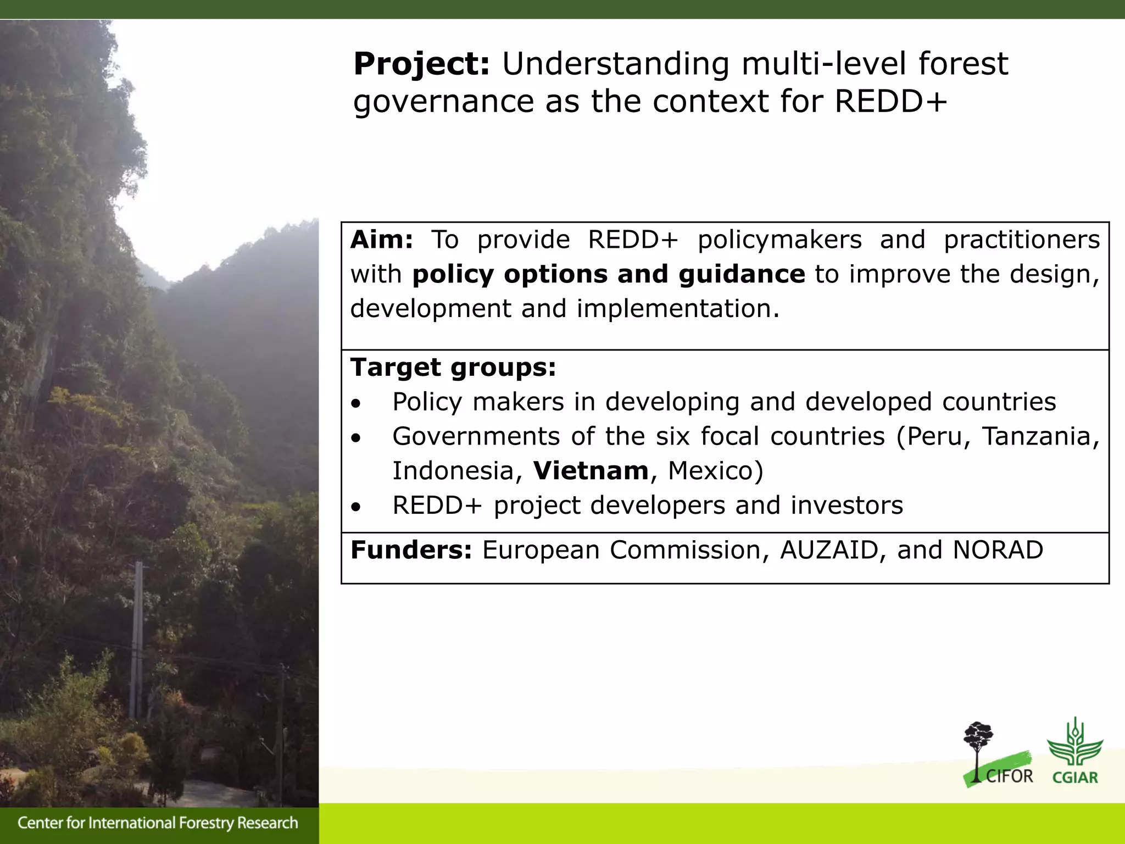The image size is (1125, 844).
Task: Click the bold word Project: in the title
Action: (421, 65)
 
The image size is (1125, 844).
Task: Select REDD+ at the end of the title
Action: (890, 102)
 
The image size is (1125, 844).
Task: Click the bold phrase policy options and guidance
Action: (608, 275)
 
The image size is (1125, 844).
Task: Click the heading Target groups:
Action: (453, 368)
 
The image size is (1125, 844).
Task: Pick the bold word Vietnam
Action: (591, 471)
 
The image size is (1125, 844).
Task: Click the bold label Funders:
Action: (411, 551)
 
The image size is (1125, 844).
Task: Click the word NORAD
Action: (998, 551)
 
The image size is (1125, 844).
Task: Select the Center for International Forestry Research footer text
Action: (158, 823)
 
